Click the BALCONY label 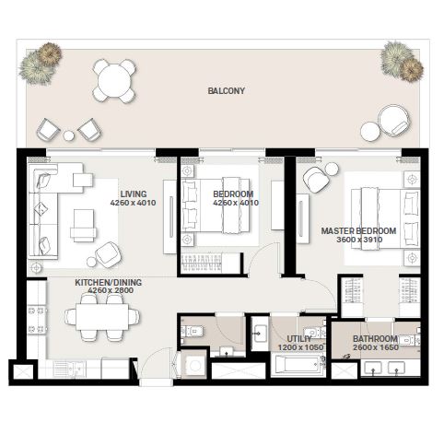(226, 91)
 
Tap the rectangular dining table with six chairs (97, 320)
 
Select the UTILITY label (298, 339)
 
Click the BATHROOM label (376, 338)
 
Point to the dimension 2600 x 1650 (376, 347)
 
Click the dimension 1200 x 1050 (298, 348)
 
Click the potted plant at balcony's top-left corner (40, 65)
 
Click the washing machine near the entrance (194, 366)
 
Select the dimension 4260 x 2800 (111, 290)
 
